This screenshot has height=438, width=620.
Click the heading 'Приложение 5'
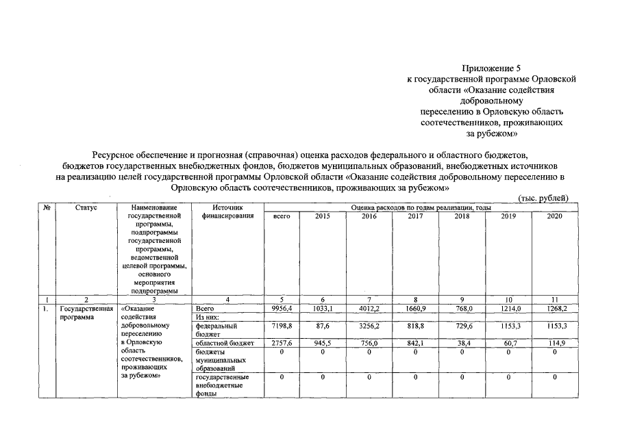491,68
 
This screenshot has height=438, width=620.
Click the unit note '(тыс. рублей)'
543,198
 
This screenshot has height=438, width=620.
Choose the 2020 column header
554,216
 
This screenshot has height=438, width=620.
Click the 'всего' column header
282,216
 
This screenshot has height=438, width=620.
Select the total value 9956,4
282,309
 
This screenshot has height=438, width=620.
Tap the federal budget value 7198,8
282,326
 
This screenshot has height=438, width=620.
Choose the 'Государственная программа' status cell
85,313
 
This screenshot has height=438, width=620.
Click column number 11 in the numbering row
554,300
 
